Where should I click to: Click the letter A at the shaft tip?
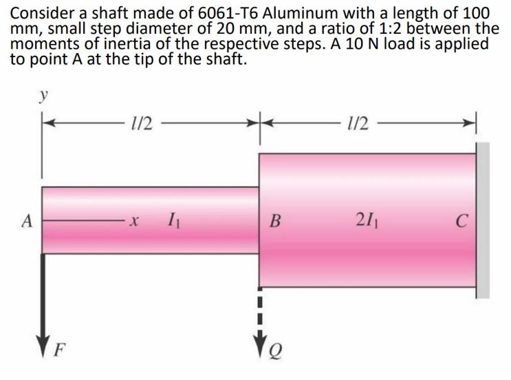tap(28, 221)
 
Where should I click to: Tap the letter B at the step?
tap(275, 221)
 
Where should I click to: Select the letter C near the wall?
tap(461, 221)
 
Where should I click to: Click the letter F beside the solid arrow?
tap(59, 350)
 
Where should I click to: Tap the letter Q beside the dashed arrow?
tap(276, 351)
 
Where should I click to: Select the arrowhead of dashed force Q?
tap(260, 341)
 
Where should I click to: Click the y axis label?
tap(43, 96)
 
